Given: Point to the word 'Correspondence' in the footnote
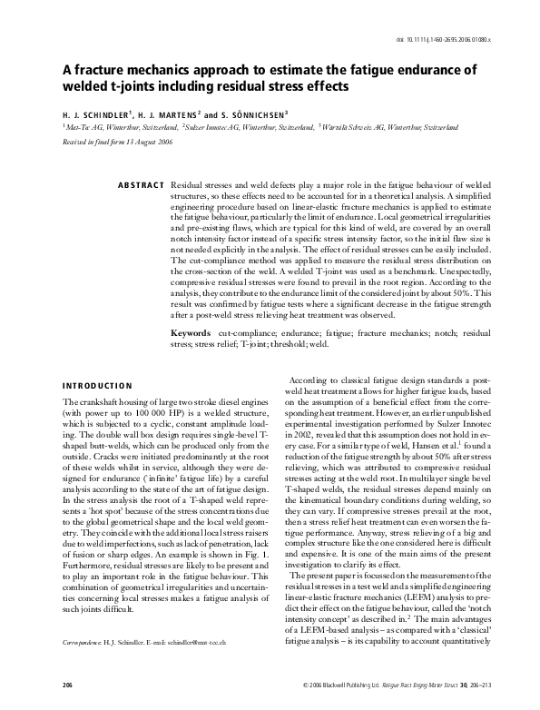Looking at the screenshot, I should (84, 640).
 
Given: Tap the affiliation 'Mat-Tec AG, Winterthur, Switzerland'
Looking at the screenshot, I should (116, 129).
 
